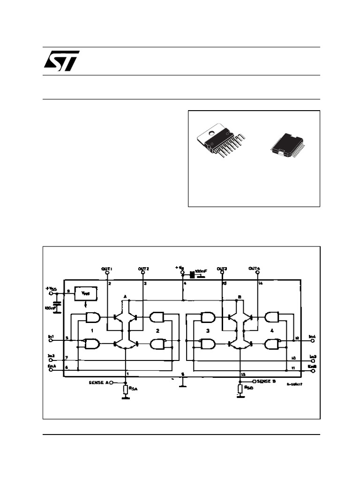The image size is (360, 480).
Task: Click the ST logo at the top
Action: [x=61, y=60]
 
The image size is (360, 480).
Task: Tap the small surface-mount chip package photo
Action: [x=287, y=143]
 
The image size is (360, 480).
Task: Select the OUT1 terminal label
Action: [x=107, y=269]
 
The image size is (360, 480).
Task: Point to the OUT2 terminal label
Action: [x=143, y=269]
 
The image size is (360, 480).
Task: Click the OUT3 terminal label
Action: [x=222, y=269]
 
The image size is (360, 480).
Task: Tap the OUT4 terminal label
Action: [x=255, y=269]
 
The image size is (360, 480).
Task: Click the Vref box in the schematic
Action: [x=86, y=293]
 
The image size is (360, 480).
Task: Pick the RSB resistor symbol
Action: [x=240, y=389]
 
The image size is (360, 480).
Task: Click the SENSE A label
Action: [x=98, y=382]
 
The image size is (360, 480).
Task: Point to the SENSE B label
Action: [x=266, y=381]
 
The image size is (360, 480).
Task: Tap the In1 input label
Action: [x=51, y=337]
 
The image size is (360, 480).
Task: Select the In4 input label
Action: [x=312, y=337]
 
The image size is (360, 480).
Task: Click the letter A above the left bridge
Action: [x=125, y=297]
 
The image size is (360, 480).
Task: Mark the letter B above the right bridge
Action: [x=240, y=297]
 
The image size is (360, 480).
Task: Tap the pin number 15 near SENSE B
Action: [x=243, y=374]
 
